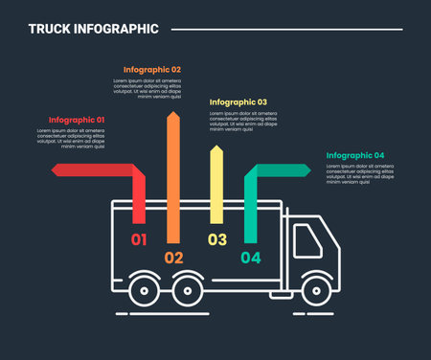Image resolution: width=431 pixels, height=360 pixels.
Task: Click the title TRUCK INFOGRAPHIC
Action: coord(93,29)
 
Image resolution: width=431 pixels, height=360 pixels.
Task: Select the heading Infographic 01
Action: coord(77,120)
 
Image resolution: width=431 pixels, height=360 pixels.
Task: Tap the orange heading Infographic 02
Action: coord(152,69)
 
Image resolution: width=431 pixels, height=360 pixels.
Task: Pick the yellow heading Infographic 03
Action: coord(238,101)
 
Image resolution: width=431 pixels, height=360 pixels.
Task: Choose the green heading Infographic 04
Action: coord(354,155)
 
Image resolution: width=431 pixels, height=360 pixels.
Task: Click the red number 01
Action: coord(139,239)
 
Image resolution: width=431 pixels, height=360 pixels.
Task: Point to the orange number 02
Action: coord(173,257)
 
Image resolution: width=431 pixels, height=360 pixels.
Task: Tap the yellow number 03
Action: coord(217,239)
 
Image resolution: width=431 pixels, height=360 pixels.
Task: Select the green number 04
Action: coord(250,257)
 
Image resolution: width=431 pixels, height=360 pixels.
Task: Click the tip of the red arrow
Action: coord(54,169)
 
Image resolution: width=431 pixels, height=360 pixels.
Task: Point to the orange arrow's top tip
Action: coord(173,113)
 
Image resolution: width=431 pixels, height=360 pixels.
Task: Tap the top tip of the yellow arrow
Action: coord(216,146)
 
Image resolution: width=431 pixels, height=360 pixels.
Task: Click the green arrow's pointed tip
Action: coord(308,169)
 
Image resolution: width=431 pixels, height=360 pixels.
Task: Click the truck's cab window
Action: coord(306,237)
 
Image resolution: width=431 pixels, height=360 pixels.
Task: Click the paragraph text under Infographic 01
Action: coord(71,138)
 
